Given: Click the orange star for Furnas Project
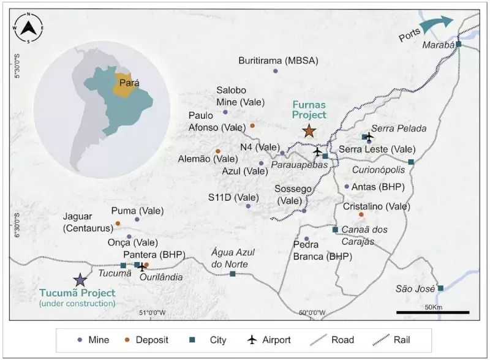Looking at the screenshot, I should click(x=309, y=131).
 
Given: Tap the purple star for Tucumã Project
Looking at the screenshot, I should click(x=80, y=280).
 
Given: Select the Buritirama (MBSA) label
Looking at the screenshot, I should click(x=275, y=60).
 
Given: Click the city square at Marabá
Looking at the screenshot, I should click(x=458, y=43).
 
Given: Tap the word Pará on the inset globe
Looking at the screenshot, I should click(x=129, y=82).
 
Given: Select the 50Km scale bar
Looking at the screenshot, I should click(x=432, y=312).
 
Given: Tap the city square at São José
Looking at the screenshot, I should click(x=440, y=288).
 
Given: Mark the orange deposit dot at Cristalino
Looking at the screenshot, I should click(x=361, y=214).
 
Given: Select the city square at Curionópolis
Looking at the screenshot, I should click(x=411, y=162).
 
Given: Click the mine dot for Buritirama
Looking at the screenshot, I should click(x=275, y=71).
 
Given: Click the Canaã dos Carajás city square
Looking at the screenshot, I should click(x=335, y=230).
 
